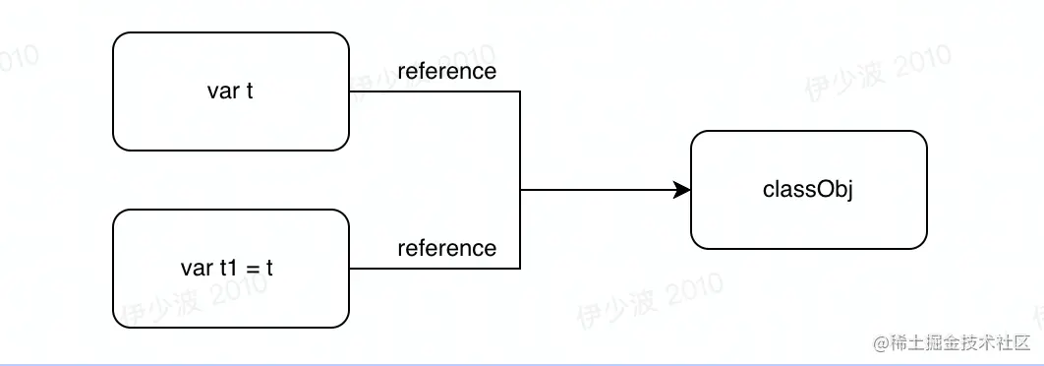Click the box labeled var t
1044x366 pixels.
(x=231, y=91)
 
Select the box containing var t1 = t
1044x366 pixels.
(x=231, y=268)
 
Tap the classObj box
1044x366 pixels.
(x=808, y=190)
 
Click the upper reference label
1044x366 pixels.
(x=446, y=72)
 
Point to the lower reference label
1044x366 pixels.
(x=446, y=248)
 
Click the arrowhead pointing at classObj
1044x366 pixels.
(x=682, y=190)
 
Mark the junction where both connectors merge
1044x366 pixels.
(x=520, y=190)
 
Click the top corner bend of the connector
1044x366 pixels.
(x=520, y=91)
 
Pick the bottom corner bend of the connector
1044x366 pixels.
(x=520, y=268)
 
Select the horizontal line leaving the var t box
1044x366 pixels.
(x=433, y=91)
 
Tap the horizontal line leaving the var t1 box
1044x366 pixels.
(x=433, y=268)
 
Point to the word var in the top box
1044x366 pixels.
(x=219, y=91)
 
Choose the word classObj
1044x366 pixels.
(x=808, y=190)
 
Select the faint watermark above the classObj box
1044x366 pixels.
(x=877, y=69)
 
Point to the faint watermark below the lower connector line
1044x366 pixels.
(x=649, y=301)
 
